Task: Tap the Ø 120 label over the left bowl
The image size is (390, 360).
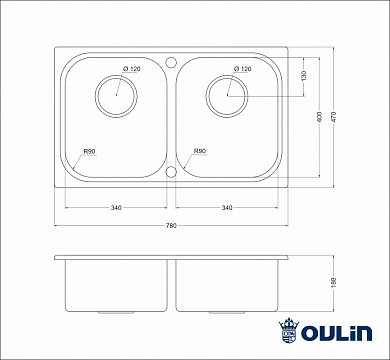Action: (x=133, y=68)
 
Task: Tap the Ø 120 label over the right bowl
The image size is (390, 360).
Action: (x=242, y=68)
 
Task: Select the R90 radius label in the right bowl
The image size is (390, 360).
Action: (x=200, y=153)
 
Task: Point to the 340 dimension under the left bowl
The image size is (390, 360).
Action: (x=116, y=208)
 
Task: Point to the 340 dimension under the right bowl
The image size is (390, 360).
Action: (x=228, y=208)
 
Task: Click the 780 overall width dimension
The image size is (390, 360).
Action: (x=171, y=226)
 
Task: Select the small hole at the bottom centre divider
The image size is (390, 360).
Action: (x=171, y=172)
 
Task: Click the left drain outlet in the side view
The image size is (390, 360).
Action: (x=116, y=312)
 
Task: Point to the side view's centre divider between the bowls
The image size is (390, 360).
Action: (x=171, y=285)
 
